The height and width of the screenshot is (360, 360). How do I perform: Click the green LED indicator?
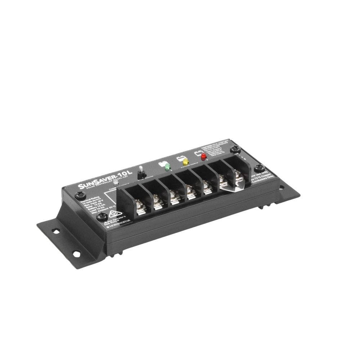click(x=167, y=166)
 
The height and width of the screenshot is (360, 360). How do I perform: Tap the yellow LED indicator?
click(x=186, y=162)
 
